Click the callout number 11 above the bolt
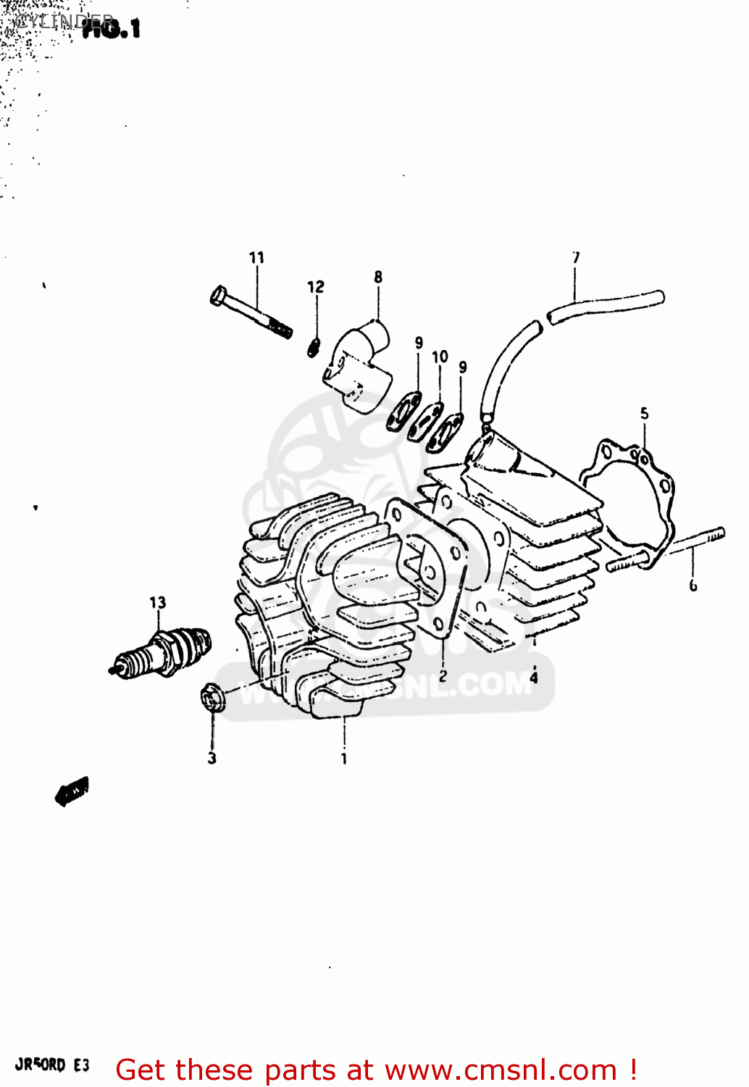click(x=256, y=257)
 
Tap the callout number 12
click(x=316, y=287)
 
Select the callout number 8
click(x=378, y=277)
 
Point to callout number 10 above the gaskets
click(x=440, y=357)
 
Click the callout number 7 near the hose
click(x=576, y=257)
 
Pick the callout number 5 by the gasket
click(x=644, y=414)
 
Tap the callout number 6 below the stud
click(x=692, y=585)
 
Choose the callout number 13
click(x=157, y=602)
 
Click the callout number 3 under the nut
click(x=212, y=758)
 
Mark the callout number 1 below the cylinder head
click(x=344, y=759)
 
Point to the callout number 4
click(x=534, y=678)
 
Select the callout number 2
click(x=443, y=675)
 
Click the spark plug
click(x=161, y=651)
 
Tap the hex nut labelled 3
click(x=212, y=697)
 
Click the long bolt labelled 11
click(x=251, y=313)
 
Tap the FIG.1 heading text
click(x=110, y=29)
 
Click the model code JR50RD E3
click(x=52, y=1065)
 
